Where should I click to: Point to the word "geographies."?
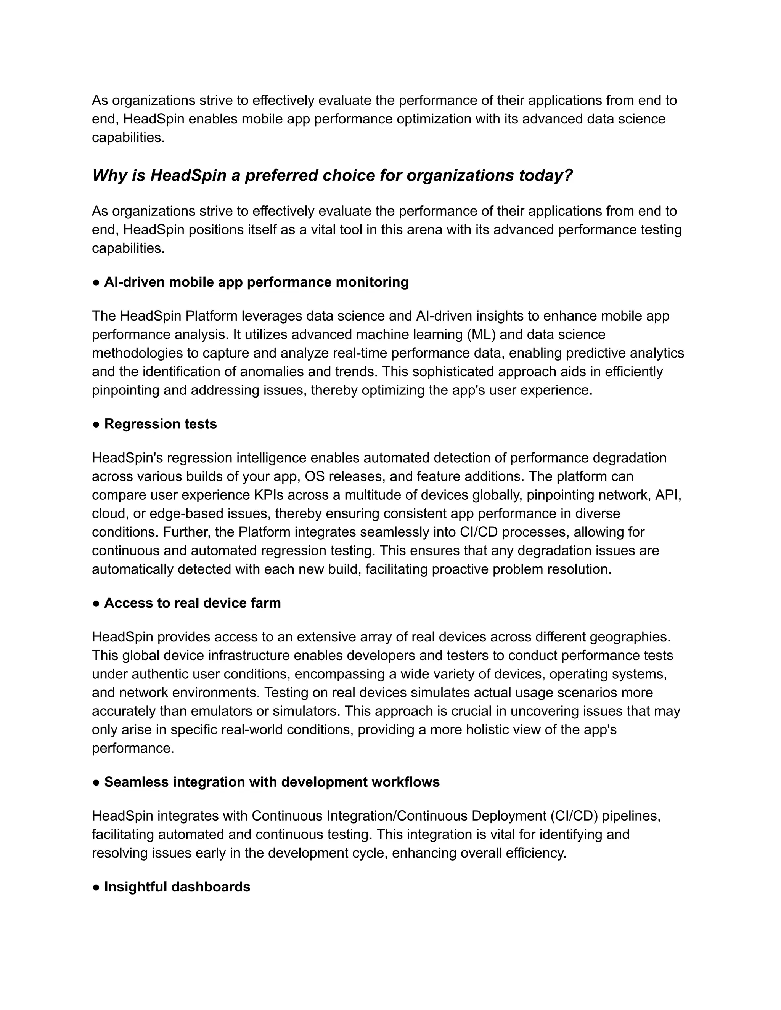(x=630, y=637)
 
